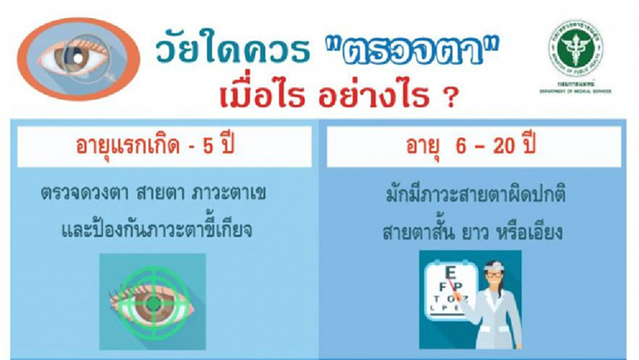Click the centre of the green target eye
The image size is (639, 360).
152,300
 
